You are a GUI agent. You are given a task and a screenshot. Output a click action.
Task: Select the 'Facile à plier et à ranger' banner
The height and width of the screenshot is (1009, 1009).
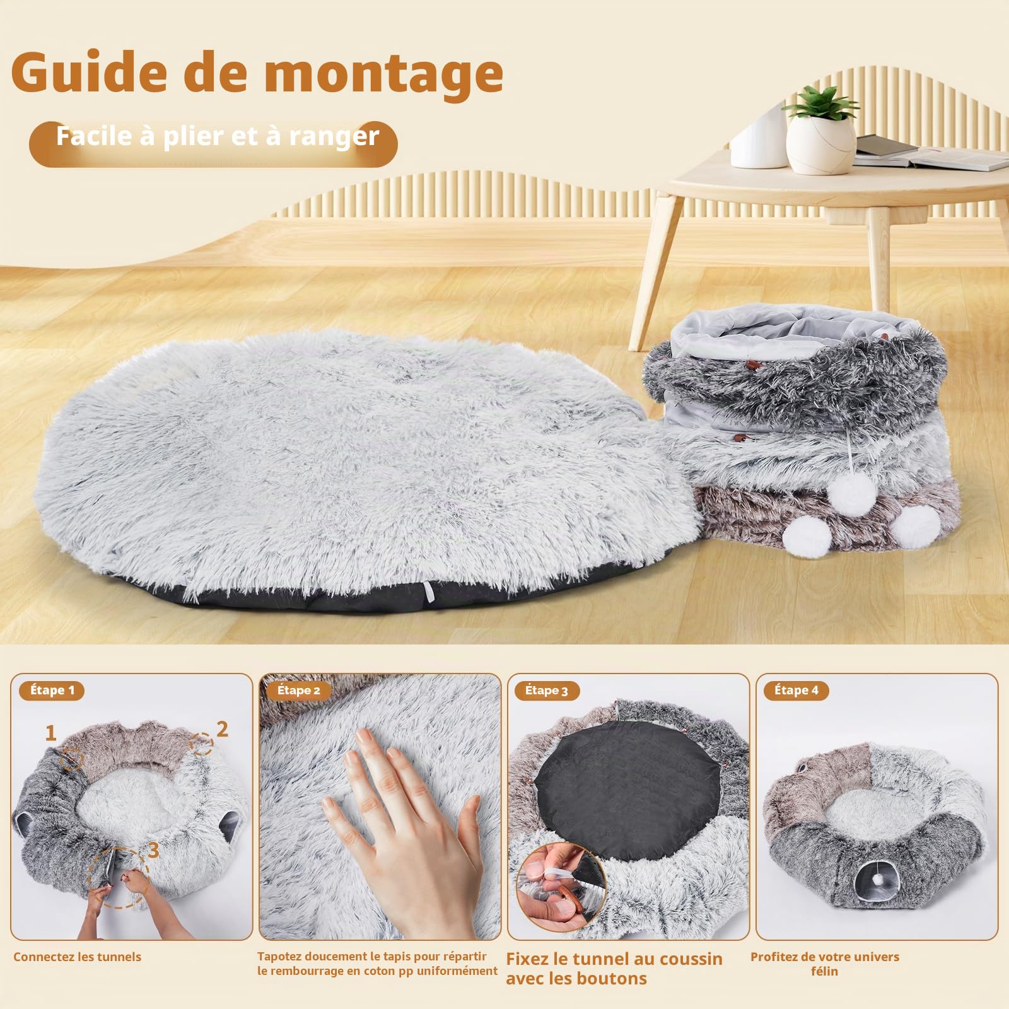pos(213,143)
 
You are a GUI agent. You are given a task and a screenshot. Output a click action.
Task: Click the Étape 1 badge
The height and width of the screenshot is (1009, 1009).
pos(53,691)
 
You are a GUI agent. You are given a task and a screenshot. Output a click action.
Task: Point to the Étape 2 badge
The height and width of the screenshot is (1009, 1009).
pos(299,691)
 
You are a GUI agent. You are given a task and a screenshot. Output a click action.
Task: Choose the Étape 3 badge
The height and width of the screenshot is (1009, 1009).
pos(546,691)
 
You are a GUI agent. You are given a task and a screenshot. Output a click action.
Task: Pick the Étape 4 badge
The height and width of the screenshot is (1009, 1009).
pos(796,691)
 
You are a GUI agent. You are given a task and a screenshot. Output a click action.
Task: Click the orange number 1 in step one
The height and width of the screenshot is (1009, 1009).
pos(50,733)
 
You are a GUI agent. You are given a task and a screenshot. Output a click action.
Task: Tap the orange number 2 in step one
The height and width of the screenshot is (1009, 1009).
pos(222,729)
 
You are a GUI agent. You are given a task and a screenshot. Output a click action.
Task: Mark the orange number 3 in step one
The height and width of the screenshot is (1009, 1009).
pos(153,851)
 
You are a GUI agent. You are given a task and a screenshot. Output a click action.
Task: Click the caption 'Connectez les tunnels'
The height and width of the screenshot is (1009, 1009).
pos(78,957)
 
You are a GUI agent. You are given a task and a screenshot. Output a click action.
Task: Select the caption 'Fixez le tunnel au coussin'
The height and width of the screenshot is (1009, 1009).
pos(614,959)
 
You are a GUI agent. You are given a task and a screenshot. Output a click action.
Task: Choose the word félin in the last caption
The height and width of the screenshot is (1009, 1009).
pos(824,971)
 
